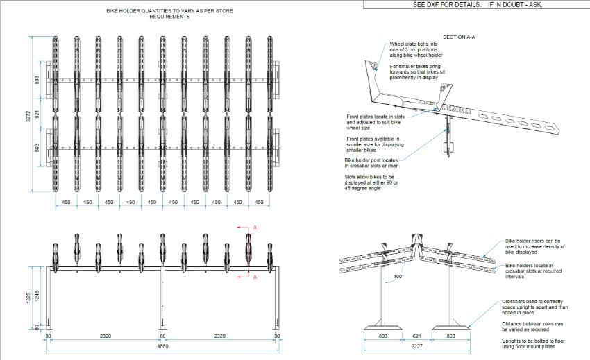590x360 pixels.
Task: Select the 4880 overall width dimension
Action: [162, 345]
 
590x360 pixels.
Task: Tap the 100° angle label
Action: [398, 276]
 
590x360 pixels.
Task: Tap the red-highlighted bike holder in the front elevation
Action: [248, 251]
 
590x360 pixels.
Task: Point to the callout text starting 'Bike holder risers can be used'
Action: [536, 247]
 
